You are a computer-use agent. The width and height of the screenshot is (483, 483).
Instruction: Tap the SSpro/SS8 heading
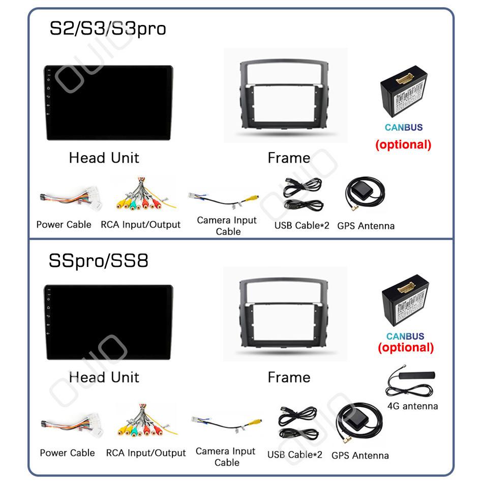point(99,261)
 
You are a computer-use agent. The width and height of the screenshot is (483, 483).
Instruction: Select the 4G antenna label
point(412,406)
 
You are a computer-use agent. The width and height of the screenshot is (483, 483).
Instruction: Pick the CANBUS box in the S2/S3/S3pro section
point(404,91)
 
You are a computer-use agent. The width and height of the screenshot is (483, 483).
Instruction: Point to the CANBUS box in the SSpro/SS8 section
point(405,300)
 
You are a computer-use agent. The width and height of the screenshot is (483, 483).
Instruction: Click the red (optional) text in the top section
point(403,144)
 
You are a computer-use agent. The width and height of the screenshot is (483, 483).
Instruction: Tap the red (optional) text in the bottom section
point(406,347)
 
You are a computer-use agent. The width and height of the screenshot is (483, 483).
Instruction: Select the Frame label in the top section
point(289,158)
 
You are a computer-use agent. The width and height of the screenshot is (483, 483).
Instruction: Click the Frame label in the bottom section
point(289,377)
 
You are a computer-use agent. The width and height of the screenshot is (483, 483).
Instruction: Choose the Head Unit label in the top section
point(104,158)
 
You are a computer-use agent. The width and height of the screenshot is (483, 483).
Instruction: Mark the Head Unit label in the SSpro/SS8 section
point(104,377)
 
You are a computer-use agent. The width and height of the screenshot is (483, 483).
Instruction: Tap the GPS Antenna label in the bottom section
point(360,455)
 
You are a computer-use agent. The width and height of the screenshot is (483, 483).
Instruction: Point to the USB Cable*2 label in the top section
point(301,225)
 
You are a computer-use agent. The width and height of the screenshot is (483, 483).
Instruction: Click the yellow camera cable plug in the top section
point(253,198)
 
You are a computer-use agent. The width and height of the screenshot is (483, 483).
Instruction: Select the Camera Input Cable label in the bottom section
point(225,457)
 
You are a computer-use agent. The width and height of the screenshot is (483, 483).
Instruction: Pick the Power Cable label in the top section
point(64,225)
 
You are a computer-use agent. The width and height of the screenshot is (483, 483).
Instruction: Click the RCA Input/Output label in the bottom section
point(146,453)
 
